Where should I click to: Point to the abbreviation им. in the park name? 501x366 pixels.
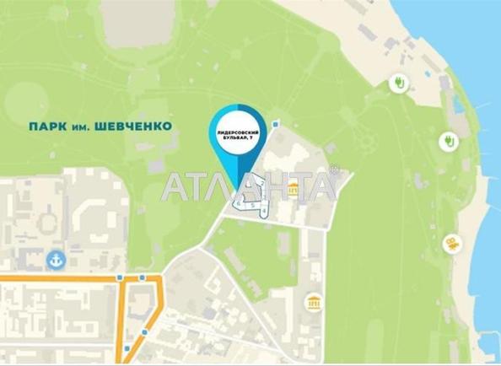pyautogui.click(x=83, y=126)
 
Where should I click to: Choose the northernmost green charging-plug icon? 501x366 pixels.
pyautogui.click(x=397, y=83)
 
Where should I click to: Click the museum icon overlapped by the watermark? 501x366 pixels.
pyautogui.click(x=293, y=192)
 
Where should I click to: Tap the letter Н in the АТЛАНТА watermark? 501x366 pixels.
pyautogui.click(x=272, y=186)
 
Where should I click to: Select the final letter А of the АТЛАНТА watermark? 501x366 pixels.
pyautogui.click(x=322, y=186)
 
